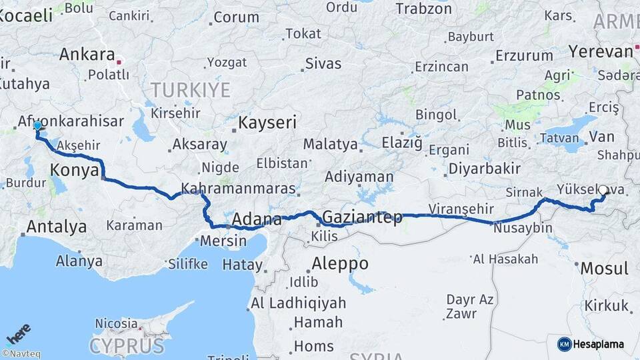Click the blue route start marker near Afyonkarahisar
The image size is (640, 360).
37,125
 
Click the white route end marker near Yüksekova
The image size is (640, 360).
603,190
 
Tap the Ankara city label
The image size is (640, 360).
87,54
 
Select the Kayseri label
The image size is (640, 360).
267,123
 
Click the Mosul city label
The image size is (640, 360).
605,269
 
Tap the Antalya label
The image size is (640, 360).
56,227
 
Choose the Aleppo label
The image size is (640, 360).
339,263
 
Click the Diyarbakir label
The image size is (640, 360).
484,169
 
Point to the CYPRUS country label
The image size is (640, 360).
127,346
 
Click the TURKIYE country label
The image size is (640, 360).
190,89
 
